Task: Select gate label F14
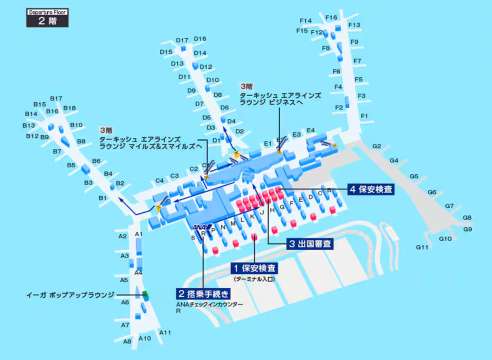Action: [305, 21]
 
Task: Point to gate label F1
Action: [365, 117]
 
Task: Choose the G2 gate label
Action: [378, 146]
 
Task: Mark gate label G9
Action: [467, 229]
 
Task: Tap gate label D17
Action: [182, 40]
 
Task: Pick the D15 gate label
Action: [165, 51]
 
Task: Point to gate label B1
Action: [102, 199]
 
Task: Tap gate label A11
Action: [165, 331]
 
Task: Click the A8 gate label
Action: [127, 341]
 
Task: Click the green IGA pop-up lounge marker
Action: [144, 295]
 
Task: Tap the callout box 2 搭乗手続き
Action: [204, 294]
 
